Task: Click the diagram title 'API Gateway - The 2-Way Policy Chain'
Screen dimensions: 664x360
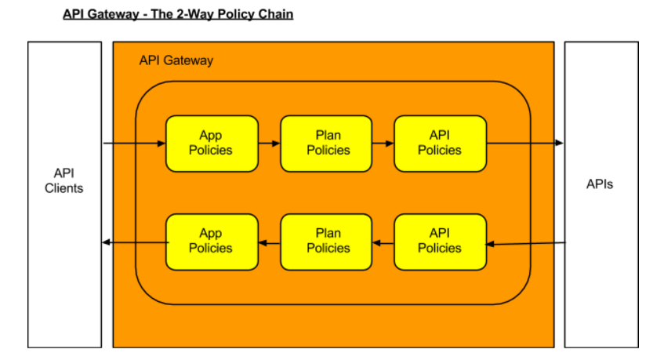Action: pyautogui.click(x=178, y=14)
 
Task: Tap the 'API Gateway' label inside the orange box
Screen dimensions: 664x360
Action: pyautogui.click(x=176, y=60)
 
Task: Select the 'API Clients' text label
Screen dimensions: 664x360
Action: pyautogui.click(x=64, y=180)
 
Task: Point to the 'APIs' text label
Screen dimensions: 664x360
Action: pyautogui.click(x=600, y=184)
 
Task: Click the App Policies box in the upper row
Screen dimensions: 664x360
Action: pyautogui.click(x=212, y=144)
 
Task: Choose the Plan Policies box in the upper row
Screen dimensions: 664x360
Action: pyautogui.click(x=326, y=144)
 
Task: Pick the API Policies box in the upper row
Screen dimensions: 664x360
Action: pyautogui.click(x=440, y=144)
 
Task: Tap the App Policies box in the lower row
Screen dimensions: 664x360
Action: pyautogui.click(x=212, y=242)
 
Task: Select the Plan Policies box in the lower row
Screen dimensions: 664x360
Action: pyautogui.click(x=326, y=242)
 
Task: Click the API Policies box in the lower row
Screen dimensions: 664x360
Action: pyautogui.click(x=440, y=242)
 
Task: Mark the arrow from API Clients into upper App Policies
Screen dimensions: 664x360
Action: pyautogui.click(x=134, y=144)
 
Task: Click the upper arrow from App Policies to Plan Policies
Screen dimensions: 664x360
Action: pyautogui.click(x=270, y=144)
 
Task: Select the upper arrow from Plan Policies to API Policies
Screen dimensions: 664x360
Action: pyautogui.click(x=383, y=144)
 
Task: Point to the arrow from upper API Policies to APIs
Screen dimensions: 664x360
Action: pyautogui.click(x=525, y=144)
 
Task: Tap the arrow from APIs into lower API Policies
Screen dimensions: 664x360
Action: pyautogui.click(x=525, y=243)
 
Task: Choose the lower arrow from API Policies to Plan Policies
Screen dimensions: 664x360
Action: pyautogui.click(x=383, y=243)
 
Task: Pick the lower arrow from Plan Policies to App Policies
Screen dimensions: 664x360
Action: pyautogui.click(x=270, y=243)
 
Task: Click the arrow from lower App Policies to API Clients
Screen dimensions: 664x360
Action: pyautogui.click(x=136, y=242)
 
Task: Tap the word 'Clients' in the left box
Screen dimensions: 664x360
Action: pyautogui.click(x=64, y=188)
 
